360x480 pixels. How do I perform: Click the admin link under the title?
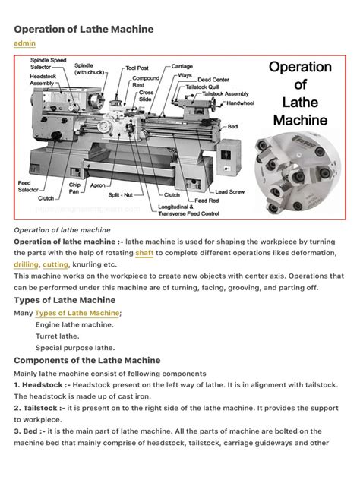(25, 43)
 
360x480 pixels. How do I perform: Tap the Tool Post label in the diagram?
(137, 68)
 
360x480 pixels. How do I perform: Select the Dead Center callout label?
(214, 80)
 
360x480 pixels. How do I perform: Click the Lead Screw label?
(229, 192)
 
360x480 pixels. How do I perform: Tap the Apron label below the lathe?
(98, 185)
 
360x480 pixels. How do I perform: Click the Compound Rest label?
(145, 81)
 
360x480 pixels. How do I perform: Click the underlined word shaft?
(144, 253)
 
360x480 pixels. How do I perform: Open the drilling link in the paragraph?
(26, 264)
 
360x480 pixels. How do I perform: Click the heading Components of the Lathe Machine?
(87, 359)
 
